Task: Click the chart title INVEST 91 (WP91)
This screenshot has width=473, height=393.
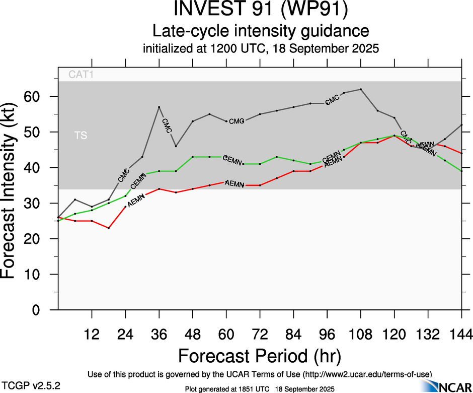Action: tap(261, 10)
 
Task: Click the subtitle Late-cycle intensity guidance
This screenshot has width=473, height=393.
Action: tap(261, 31)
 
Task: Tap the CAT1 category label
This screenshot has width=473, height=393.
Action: tap(82, 75)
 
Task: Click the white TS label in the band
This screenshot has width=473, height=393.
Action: tap(81, 136)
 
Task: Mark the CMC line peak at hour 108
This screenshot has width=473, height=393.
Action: tap(361, 89)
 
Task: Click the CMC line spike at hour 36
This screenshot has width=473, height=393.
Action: tap(159, 107)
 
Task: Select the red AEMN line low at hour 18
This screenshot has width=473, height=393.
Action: tap(109, 228)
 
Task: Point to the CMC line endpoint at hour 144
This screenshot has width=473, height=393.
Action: tap(461, 125)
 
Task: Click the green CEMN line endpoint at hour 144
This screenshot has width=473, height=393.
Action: tap(461, 171)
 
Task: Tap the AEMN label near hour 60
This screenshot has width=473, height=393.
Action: tap(234, 184)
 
